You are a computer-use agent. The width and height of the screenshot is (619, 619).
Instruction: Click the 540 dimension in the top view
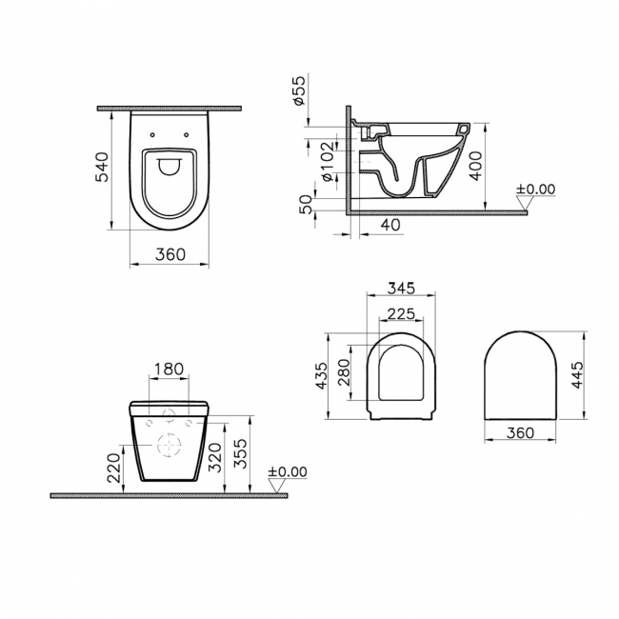point(104,169)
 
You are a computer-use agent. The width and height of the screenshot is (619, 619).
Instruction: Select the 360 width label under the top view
point(169,255)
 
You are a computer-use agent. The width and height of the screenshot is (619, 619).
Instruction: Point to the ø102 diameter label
point(325,162)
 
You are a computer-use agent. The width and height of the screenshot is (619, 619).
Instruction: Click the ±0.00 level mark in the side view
point(534,190)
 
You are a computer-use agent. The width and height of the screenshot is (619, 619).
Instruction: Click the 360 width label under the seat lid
point(519,432)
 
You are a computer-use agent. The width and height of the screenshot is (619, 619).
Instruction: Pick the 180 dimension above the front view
point(168,369)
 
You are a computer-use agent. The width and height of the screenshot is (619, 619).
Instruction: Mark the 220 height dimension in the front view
point(114,468)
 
